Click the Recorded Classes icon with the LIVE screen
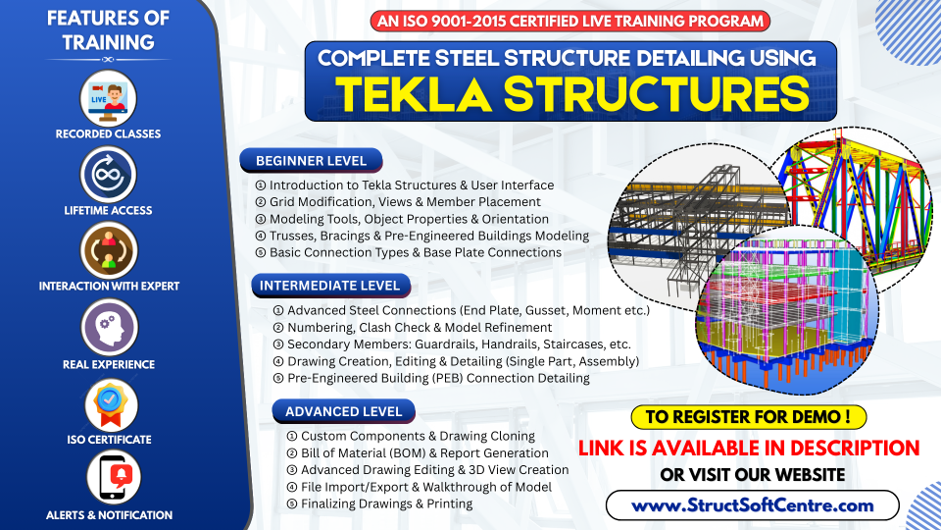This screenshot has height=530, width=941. (109, 97)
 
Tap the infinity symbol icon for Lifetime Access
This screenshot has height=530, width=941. (109, 175)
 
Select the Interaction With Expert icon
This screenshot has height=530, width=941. (109, 251)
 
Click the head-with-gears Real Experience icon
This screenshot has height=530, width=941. (109, 327)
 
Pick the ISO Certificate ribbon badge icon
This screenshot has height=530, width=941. (109, 402)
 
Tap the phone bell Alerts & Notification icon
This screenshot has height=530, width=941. (109, 478)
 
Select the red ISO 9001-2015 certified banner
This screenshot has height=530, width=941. (570, 21)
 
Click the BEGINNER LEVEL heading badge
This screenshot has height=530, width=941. (311, 161)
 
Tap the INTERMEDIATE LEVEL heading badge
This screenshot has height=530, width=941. (328, 286)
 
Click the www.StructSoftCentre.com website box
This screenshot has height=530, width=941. (752, 505)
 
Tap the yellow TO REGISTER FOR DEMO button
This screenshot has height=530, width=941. (749, 416)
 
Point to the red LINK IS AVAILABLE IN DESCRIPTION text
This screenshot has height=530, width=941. (749, 448)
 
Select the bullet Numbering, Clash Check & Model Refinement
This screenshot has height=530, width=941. (413, 328)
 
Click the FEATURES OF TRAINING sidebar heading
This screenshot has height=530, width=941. (108, 30)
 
